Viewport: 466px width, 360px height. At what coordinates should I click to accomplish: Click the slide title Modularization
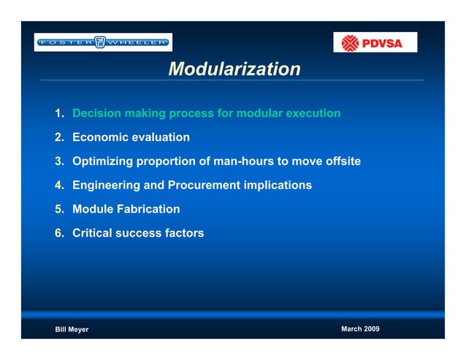234,69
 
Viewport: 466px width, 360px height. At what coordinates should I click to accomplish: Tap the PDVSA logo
375,42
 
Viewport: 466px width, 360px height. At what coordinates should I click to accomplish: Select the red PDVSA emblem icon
351,43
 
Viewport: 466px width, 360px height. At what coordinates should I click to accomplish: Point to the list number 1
58,113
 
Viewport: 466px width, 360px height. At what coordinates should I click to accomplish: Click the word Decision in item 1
97,113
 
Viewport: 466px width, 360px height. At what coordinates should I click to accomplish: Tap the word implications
278,185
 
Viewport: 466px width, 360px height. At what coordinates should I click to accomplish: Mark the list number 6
58,234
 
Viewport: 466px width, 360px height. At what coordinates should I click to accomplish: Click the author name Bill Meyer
72,330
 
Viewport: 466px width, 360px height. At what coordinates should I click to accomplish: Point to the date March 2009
360,329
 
